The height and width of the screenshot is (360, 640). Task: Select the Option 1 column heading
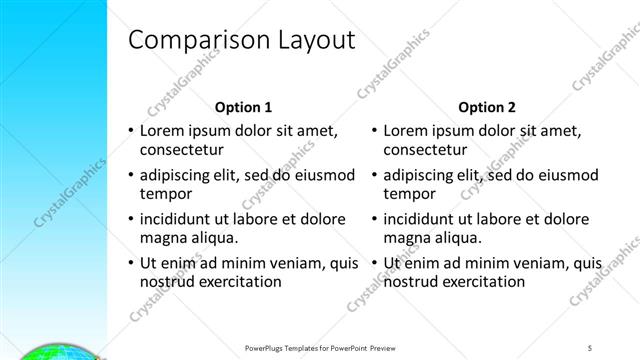tap(243, 107)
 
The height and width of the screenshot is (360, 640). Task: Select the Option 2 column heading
tap(487, 107)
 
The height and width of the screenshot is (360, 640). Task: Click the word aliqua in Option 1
tap(213, 238)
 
